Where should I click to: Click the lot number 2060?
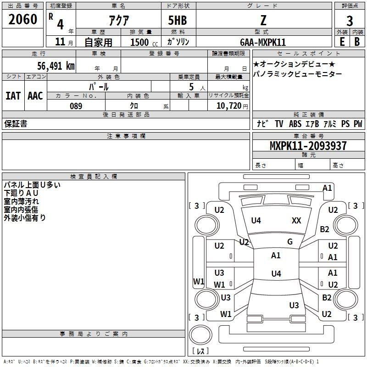pyautogui.click(x=23, y=20)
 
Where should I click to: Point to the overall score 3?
pyautogui.click(x=350, y=21)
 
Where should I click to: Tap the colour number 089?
pyautogui.click(x=76, y=106)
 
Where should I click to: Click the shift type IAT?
pyautogui.click(x=13, y=96)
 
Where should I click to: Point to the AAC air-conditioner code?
pyautogui.click(x=35, y=96)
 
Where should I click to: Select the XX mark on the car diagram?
pyautogui.click(x=296, y=221)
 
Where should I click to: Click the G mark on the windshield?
pyautogui.click(x=290, y=242)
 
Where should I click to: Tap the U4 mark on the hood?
pyautogui.click(x=256, y=221)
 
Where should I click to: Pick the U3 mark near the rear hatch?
pyautogui.click(x=294, y=306)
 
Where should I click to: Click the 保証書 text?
pyautogui.click(x=16, y=124)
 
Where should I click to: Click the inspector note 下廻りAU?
pyautogui.click(x=22, y=193)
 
